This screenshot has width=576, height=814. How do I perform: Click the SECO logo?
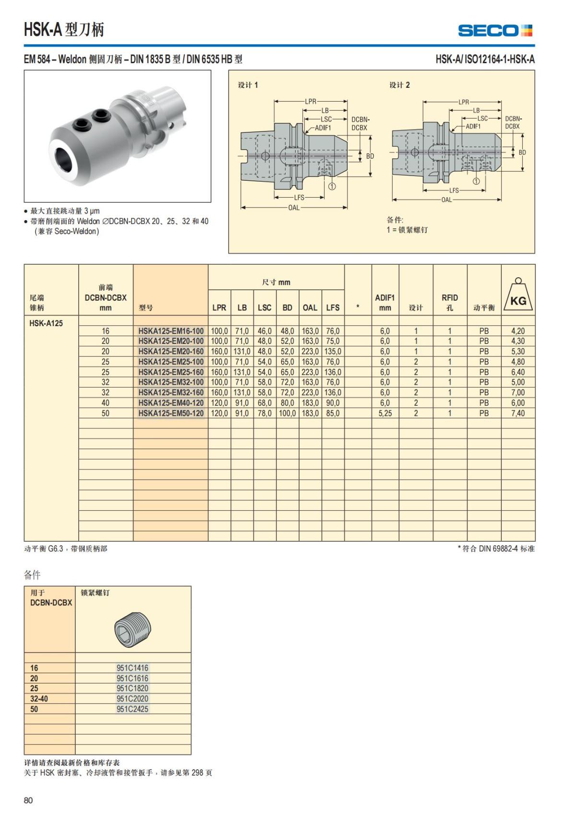(x=495, y=31)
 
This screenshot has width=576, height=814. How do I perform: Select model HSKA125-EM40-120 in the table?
(x=171, y=403)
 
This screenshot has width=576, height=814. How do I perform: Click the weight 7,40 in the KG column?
(x=518, y=413)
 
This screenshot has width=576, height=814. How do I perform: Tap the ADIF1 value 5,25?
(x=385, y=413)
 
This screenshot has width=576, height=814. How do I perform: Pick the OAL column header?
(x=310, y=307)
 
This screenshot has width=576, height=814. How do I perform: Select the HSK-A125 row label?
(x=46, y=323)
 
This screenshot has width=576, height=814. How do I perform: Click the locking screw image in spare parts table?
(x=133, y=626)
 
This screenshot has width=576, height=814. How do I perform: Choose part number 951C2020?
(x=132, y=698)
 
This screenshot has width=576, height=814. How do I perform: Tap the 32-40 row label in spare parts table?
(x=39, y=698)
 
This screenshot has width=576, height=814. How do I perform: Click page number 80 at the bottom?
(x=28, y=800)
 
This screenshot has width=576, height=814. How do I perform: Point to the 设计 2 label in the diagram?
(x=399, y=85)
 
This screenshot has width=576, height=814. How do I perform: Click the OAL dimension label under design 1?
(x=294, y=208)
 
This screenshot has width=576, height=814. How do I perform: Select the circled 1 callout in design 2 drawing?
(x=476, y=181)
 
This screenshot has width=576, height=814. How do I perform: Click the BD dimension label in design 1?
(x=370, y=156)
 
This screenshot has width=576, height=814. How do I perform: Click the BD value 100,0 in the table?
(x=288, y=413)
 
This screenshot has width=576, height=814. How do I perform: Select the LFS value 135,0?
(x=333, y=351)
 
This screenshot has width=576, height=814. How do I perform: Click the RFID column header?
(x=450, y=302)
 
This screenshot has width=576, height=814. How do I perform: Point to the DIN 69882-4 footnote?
(x=496, y=548)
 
